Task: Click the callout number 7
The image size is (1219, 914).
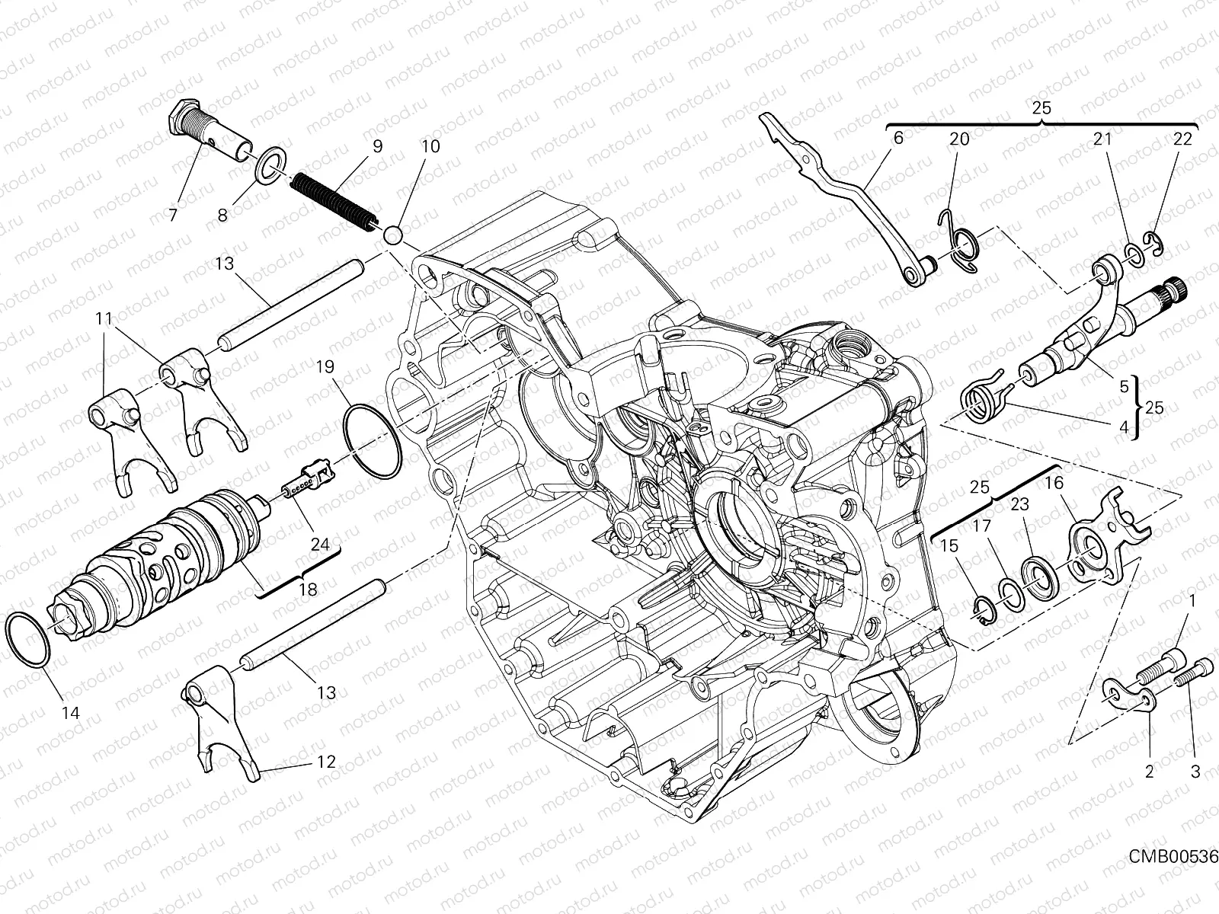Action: (173, 216)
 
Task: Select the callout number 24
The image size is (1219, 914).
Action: (320, 545)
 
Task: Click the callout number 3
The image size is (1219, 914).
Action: (1195, 772)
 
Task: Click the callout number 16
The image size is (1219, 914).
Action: (1054, 483)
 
